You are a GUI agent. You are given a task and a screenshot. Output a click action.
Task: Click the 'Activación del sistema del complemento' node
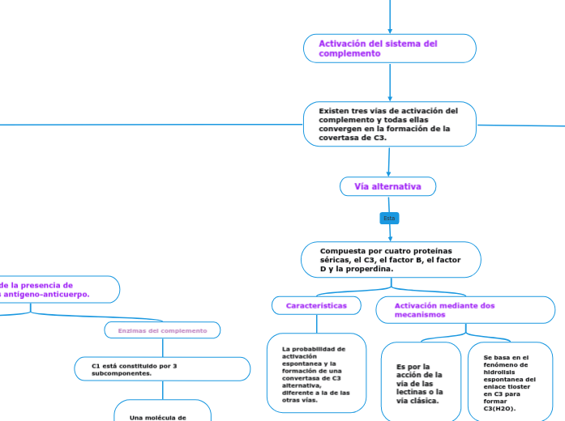pyautogui.click(x=389, y=49)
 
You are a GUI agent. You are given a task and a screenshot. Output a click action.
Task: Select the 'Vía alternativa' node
pyautogui.click(x=387, y=187)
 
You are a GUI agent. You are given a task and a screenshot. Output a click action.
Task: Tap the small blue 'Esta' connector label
pyautogui.click(x=389, y=219)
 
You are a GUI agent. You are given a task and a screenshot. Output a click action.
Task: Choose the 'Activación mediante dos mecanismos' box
pyautogui.click(x=464, y=310)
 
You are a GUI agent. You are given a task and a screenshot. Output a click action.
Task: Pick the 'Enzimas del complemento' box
pyautogui.click(x=163, y=330)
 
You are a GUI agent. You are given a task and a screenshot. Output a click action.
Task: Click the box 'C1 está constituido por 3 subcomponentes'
pyautogui.click(x=162, y=369)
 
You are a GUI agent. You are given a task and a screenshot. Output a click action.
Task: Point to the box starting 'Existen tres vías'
pyautogui.click(x=389, y=124)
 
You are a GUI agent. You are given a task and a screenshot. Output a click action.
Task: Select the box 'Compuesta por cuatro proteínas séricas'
pyautogui.click(x=391, y=260)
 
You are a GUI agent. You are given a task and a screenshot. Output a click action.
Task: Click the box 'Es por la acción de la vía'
pyautogui.click(x=420, y=383)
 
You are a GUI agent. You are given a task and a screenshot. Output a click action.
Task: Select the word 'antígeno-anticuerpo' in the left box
pyautogui.click(x=49, y=295)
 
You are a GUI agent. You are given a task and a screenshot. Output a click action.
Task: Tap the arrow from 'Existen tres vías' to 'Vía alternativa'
pyautogui.click(x=389, y=161)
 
